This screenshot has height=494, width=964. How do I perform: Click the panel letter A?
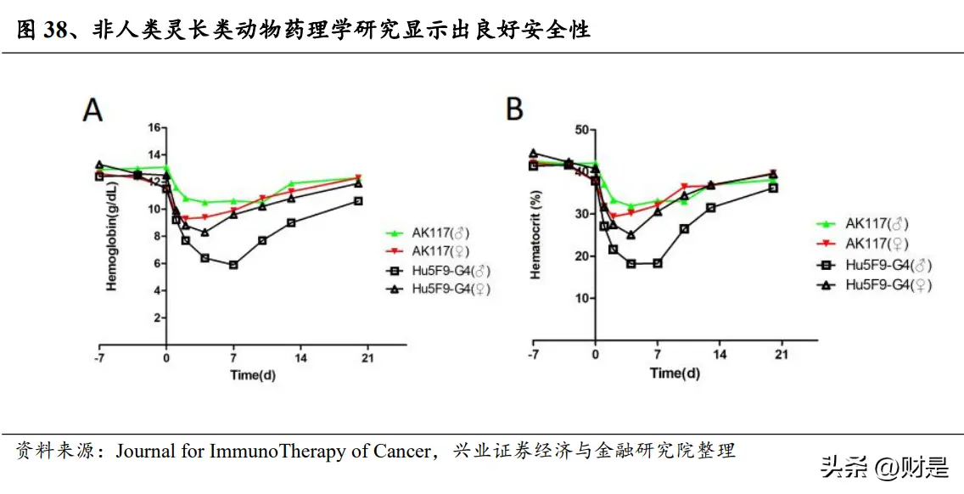92,110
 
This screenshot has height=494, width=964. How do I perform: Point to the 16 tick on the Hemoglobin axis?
154,127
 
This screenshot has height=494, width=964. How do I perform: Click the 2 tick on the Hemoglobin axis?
156,317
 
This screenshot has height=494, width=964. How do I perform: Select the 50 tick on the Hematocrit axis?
580,129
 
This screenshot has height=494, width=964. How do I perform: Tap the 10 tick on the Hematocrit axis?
580,298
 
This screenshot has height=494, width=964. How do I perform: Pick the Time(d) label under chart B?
675,373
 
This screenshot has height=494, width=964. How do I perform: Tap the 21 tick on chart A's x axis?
367,357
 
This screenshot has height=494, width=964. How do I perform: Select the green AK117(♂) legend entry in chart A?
440,233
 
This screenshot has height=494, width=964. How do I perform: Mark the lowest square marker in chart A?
233,265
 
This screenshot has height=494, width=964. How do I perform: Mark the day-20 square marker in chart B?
773,188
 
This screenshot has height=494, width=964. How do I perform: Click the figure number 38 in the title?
56,31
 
